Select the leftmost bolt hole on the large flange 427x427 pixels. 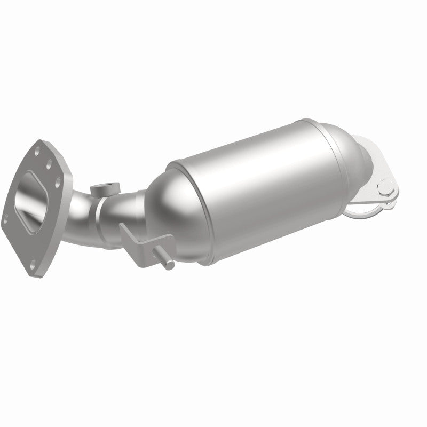point(6,218)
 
